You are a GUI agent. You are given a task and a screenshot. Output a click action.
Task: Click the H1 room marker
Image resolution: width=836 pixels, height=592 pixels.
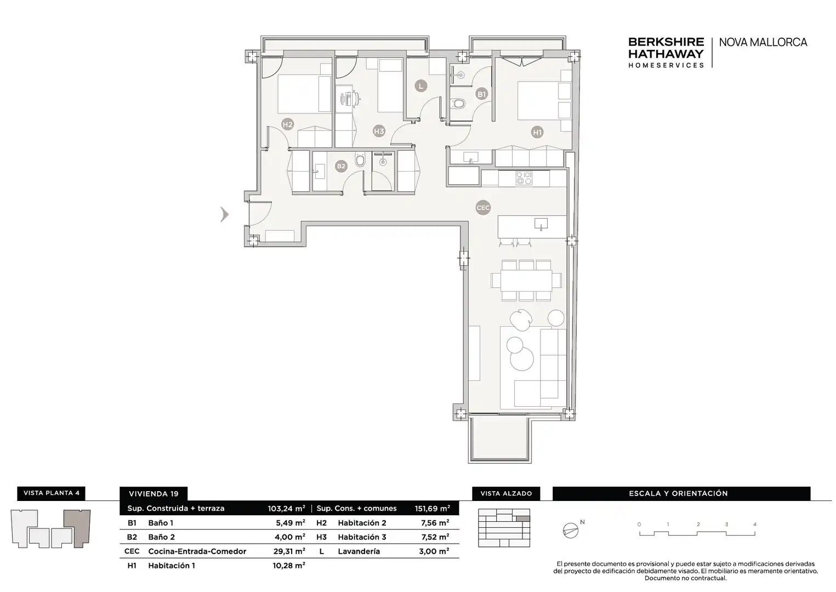(537, 132)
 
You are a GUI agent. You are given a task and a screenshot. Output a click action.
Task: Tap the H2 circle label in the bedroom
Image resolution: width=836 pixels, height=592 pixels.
(287, 124)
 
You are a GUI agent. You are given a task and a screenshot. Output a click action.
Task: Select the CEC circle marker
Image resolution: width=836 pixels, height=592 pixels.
(483, 208)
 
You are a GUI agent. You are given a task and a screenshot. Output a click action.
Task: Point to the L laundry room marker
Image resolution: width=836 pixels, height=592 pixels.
(421, 86)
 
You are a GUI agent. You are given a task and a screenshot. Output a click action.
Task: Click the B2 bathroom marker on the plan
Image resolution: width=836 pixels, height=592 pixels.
(341, 166)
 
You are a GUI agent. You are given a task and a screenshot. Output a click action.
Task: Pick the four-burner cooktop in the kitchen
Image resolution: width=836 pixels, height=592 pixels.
(524, 178)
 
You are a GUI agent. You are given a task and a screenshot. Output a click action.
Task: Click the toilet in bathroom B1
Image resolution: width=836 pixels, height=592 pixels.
(458, 103)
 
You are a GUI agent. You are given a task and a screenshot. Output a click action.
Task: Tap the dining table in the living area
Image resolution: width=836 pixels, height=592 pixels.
(526, 280)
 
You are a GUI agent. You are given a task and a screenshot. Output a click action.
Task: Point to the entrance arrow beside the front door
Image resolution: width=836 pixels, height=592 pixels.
(224, 214)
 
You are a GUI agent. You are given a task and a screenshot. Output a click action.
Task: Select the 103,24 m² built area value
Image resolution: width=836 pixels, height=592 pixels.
(286, 508)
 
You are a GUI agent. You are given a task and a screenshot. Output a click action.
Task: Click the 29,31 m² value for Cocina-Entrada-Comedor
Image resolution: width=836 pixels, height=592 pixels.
(289, 551)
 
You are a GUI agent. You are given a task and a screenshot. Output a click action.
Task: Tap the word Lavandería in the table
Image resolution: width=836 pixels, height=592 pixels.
(359, 551)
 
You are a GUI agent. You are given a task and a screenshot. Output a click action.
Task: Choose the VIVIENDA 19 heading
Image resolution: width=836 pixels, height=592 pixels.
(153, 494)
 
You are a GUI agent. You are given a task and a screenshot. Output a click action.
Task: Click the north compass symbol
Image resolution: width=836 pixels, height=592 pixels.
(571, 530)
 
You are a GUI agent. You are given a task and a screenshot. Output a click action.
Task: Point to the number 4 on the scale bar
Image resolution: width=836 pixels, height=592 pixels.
(755, 525)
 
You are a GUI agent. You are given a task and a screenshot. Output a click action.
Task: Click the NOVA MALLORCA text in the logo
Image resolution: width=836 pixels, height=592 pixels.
(763, 42)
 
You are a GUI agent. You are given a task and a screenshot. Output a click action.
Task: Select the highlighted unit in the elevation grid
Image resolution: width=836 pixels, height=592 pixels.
(523, 519)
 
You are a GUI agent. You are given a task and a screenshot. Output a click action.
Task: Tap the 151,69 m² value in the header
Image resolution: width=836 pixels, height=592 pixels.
(432, 508)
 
